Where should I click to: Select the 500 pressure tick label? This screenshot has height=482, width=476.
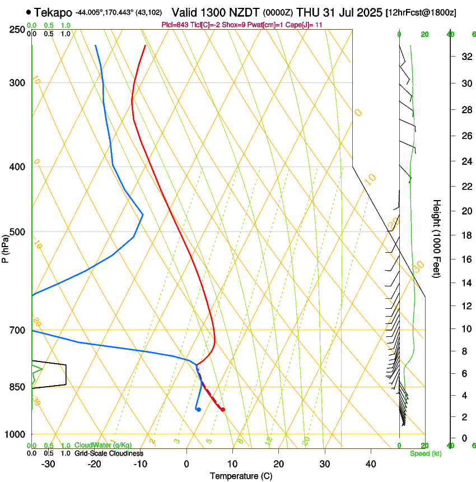coord(16,232)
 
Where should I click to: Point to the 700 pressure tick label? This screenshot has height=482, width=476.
coord(16,330)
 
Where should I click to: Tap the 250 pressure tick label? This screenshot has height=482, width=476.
coord(16,29)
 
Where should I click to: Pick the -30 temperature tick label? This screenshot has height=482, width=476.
coord(48,464)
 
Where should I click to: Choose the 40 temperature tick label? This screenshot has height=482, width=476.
coord(370,464)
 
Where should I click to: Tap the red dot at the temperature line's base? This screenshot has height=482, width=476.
coord(223,409)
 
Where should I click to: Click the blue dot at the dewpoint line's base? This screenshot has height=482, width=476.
coord(199,409)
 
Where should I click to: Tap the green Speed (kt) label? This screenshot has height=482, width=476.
coord(425,453)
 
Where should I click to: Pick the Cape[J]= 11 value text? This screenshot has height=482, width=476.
coord(301,25)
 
